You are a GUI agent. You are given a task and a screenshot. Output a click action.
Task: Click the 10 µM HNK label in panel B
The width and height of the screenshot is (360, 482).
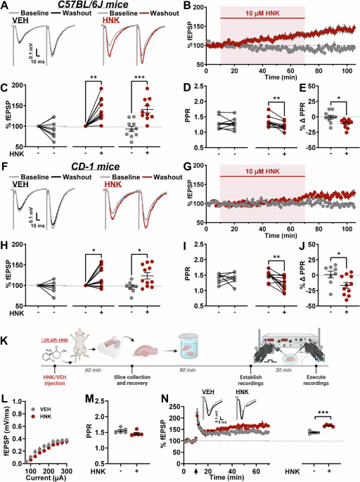click(262, 15)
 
